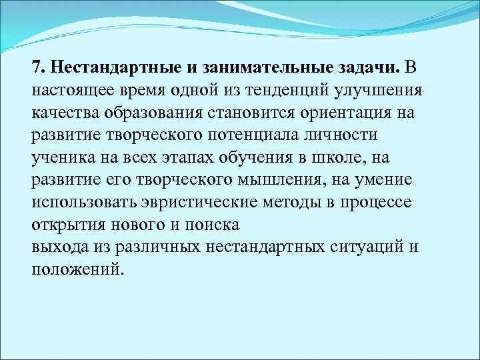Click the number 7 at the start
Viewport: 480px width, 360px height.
pyautogui.click(x=37, y=68)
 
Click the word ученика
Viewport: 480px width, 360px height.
pyautogui.click(x=62, y=157)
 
